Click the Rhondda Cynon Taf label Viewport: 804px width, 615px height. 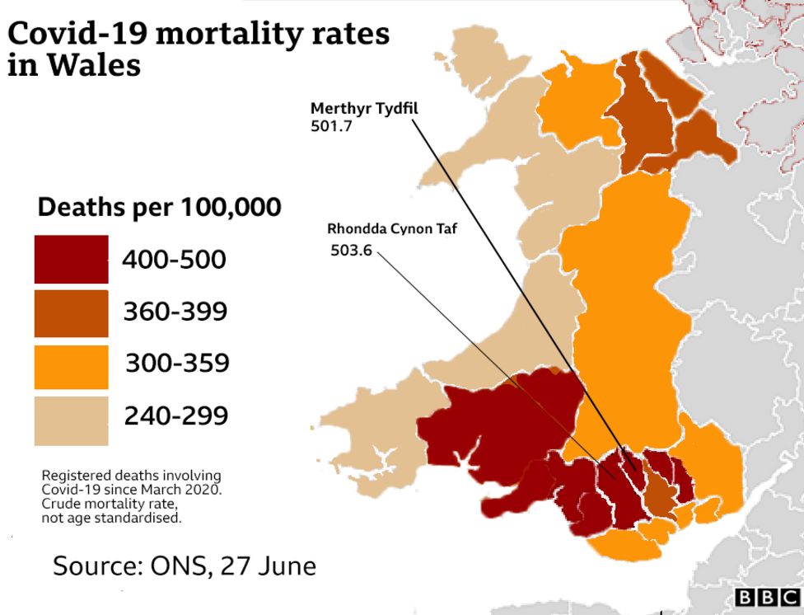[x=391, y=229]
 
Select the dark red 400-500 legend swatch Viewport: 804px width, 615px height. [x=71, y=260]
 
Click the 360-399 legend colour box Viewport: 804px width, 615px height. [x=71, y=312]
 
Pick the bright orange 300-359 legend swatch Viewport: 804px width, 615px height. [x=71, y=365]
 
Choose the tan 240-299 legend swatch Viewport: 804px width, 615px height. [x=71, y=419]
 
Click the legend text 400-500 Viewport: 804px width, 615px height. [x=174, y=261]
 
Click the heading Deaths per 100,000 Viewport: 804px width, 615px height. [x=159, y=207]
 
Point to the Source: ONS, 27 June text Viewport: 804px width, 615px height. [x=185, y=566]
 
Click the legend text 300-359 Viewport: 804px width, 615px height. [x=176, y=364]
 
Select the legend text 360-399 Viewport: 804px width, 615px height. [x=175, y=312]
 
